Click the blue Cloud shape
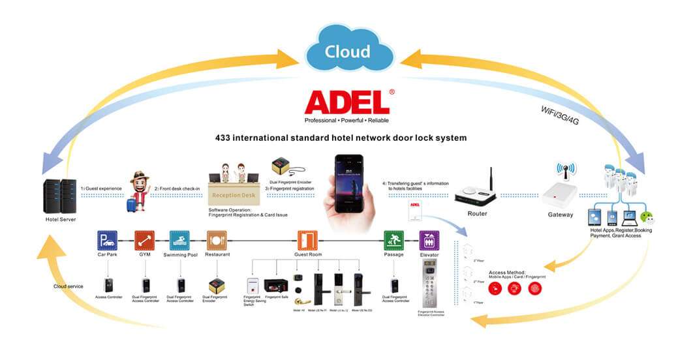click(x=348, y=51)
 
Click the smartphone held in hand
click(x=348, y=185)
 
